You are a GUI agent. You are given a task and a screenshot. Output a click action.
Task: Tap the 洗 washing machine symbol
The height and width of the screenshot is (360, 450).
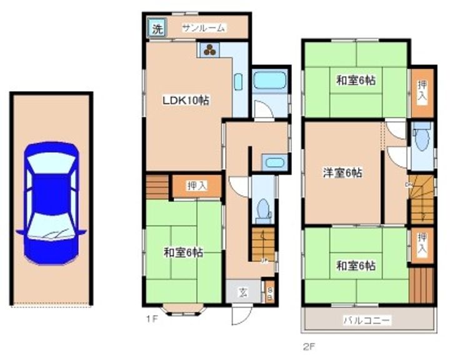(157, 28)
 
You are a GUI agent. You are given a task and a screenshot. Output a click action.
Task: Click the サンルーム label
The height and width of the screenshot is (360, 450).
(204, 28)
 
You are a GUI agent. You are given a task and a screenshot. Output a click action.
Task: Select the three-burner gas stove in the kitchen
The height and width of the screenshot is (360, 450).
(209, 50)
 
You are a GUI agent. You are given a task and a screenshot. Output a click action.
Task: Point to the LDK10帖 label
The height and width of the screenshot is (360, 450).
(186, 100)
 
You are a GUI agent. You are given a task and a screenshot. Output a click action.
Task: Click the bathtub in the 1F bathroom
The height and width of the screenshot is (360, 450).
(269, 81)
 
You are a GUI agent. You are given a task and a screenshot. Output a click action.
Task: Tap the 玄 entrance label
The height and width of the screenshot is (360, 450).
(242, 292)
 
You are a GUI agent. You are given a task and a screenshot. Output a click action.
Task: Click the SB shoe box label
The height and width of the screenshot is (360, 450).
(269, 294)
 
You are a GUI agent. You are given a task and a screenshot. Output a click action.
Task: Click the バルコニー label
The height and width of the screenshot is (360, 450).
(367, 321)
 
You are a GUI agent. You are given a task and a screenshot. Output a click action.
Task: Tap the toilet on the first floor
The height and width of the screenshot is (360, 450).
(262, 209)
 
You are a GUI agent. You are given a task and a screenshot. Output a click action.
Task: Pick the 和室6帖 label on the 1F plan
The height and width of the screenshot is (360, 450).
(183, 252)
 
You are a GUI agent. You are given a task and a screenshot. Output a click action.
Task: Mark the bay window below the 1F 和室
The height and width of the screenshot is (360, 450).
(184, 307)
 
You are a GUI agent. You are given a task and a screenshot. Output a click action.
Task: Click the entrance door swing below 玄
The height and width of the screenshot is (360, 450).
(241, 314)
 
